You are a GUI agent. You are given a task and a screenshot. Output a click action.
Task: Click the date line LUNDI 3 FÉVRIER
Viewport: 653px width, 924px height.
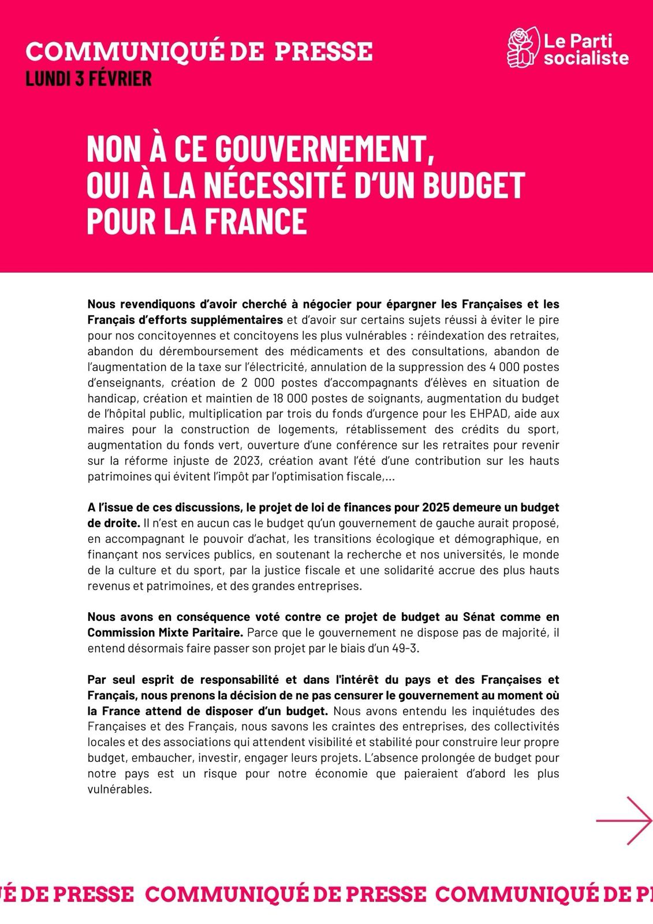coord(88,79)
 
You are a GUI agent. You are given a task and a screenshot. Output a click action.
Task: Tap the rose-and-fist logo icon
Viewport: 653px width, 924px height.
coord(523,47)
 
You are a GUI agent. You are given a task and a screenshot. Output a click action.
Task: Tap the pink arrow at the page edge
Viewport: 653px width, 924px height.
coord(625,821)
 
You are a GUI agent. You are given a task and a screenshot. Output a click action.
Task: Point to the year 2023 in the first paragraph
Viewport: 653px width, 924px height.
coord(247,461)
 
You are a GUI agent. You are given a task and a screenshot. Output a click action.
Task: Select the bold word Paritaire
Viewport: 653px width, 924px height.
coord(217,633)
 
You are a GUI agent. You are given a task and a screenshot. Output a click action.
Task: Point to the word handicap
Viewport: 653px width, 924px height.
coord(112,398)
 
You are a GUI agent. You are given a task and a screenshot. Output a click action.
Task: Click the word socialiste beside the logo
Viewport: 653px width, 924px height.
coord(586,58)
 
